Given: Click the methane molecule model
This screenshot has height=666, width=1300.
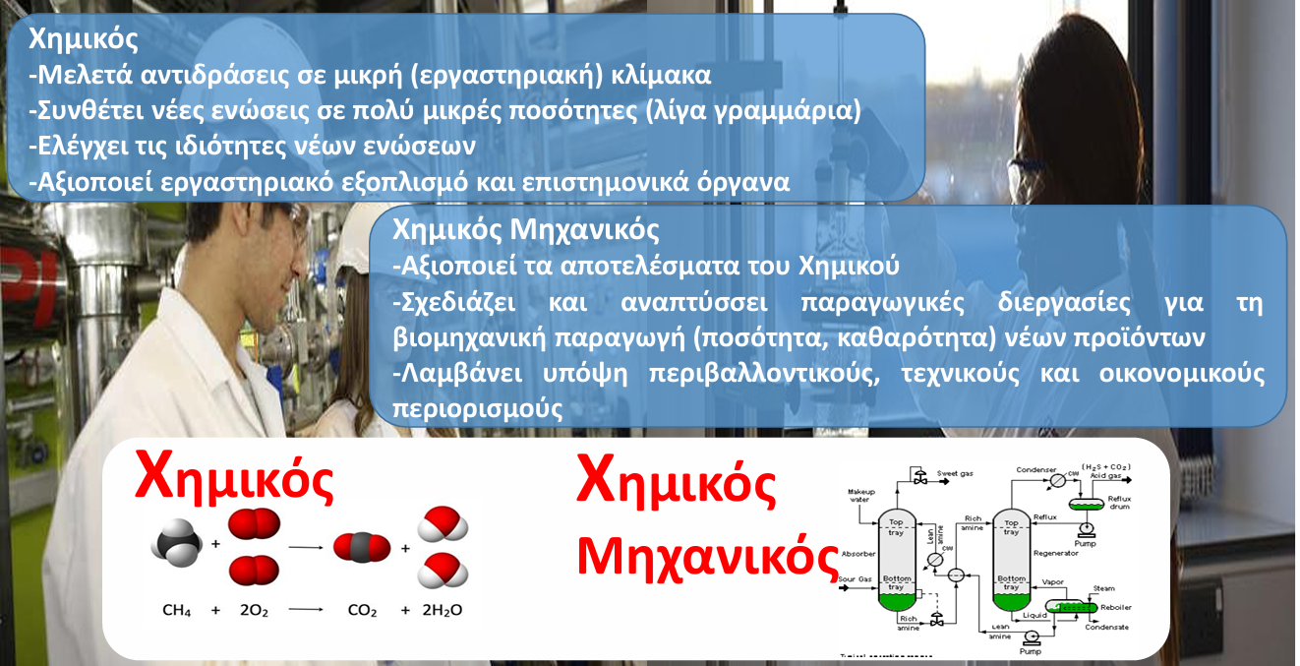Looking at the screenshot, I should point(176,545).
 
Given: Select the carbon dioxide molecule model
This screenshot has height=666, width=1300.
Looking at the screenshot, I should point(355,547).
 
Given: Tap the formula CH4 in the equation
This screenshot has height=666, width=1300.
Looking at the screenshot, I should point(177,611).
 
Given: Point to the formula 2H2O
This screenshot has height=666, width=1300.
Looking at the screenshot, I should point(442,611).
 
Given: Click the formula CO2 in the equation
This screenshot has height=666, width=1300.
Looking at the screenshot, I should point(362,611).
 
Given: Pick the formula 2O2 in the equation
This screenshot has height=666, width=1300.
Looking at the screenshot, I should point(254,611).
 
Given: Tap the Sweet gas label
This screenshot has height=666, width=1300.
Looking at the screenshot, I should point(956,474).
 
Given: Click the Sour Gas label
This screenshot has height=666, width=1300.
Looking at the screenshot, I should point(857,578).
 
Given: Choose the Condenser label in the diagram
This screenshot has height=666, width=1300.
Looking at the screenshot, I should point(1035,469).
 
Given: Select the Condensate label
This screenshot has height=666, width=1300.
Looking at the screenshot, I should point(1106,627).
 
